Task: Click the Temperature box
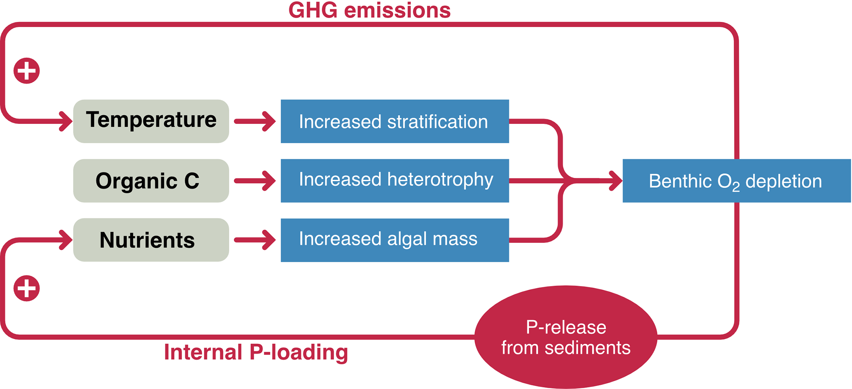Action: pos(151,121)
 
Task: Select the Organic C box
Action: pos(151,181)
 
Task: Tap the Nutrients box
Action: pos(151,240)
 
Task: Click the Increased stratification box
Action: pos(394,121)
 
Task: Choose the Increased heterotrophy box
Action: pos(394,181)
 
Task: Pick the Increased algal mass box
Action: pos(394,240)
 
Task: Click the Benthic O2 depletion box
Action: pos(736,181)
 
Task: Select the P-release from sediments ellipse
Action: pos(566,337)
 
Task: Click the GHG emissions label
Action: pos(369,10)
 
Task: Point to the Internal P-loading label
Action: pos(256,352)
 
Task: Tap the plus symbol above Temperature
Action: pos(27,71)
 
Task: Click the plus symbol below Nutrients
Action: pos(27,288)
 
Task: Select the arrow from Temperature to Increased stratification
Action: pos(255,121)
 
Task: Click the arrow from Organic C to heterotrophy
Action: pos(255,181)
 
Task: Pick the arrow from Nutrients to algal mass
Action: pos(255,240)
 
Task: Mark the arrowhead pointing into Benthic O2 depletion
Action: pos(616,181)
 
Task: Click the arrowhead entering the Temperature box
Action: pos(66,121)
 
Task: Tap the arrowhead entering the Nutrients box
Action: pos(66,240)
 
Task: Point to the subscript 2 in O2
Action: pos(736,187)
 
